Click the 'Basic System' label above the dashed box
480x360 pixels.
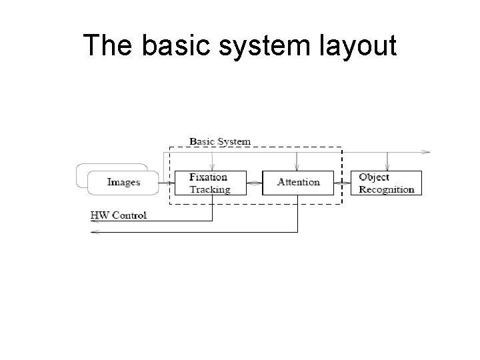220,141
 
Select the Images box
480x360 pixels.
124,182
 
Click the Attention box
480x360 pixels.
298,182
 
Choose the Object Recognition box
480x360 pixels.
387,182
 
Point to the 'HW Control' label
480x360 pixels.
119,215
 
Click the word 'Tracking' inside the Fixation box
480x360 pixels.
210,189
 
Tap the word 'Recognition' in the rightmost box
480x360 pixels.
387,189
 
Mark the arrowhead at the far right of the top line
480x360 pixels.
427,152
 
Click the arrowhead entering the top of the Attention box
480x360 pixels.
297,167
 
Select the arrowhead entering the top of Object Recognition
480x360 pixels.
387,167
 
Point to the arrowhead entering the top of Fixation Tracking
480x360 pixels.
212,167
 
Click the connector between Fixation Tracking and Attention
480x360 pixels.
255,182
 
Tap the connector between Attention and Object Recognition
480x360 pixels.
343,182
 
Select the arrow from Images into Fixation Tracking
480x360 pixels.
167,182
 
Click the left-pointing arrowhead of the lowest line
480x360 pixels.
95,232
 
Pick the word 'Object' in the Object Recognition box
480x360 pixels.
374,177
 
